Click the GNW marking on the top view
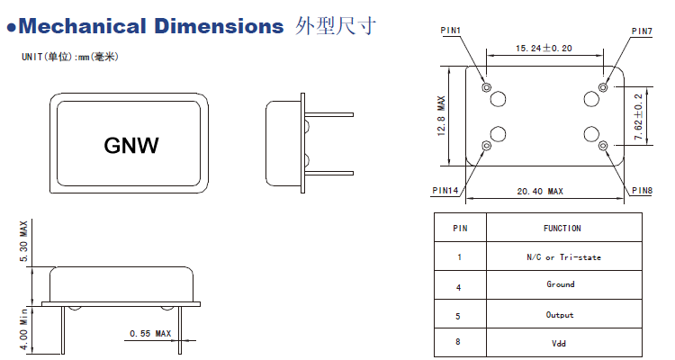tap(131, 145)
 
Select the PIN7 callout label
tap(641, 31)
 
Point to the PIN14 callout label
tap(445, 191)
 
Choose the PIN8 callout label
tap(641, 191)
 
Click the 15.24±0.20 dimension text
tap(544, 48)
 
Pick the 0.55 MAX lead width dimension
tap(150, 334)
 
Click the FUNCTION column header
tap(562, 229)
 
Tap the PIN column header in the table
tap(459, 229)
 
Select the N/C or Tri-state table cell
tap(563, 257)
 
